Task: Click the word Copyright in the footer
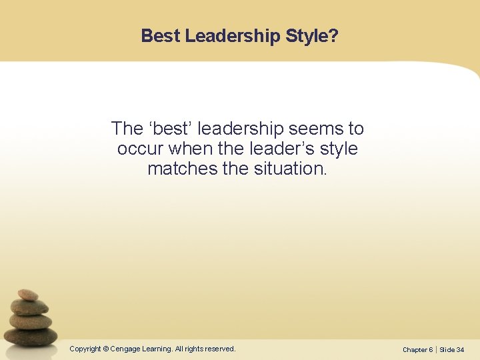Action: tap(85, 349)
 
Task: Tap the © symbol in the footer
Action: tap(105, 349)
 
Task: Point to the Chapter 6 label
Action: tap(417, 349)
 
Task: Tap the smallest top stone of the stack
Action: tap(28, 294)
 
